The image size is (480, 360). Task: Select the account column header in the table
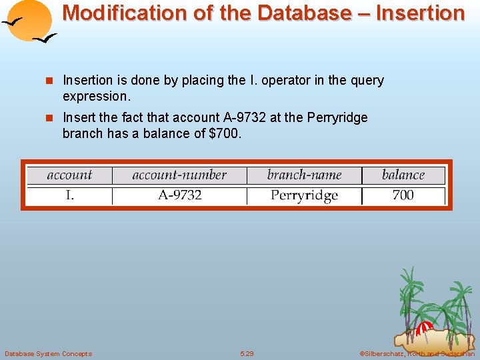point(69,175)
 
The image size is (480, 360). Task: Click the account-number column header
point(179,175)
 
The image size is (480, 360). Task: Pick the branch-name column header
point(304,175)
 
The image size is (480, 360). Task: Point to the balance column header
point(403,175)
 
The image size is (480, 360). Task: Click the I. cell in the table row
point(69,195)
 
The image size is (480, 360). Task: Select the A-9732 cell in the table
point(179,195)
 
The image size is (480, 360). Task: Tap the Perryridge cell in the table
point(304,195)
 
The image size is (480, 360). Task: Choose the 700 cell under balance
point(403,195)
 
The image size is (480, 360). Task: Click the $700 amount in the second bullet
point(224,133)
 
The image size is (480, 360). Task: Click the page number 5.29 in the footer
point(247,353)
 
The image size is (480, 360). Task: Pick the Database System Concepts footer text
point(48,353)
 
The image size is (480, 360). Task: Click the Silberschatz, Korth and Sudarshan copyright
point(416,353)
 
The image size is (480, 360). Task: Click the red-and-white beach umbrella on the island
point(423,327)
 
